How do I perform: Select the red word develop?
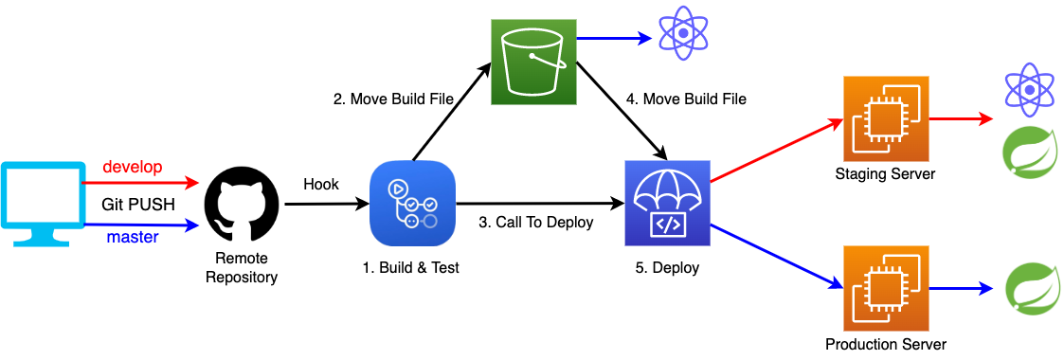point(132,167)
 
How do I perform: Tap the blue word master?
point(132,238)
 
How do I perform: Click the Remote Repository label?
point(241,267)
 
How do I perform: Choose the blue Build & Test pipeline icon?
point(411,203)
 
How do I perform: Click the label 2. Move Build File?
point(392,99)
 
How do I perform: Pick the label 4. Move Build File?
point(686,99)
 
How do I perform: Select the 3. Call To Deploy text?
point(535,223)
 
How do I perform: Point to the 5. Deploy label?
point(666,268)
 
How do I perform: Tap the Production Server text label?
point(885,344)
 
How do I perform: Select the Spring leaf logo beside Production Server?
point(1027,287)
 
